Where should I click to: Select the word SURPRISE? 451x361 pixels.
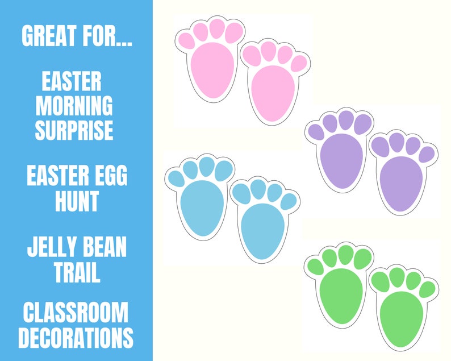(74, 130)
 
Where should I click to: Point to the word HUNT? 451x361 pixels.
(77, 201)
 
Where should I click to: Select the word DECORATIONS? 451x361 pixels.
(76, 338)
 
